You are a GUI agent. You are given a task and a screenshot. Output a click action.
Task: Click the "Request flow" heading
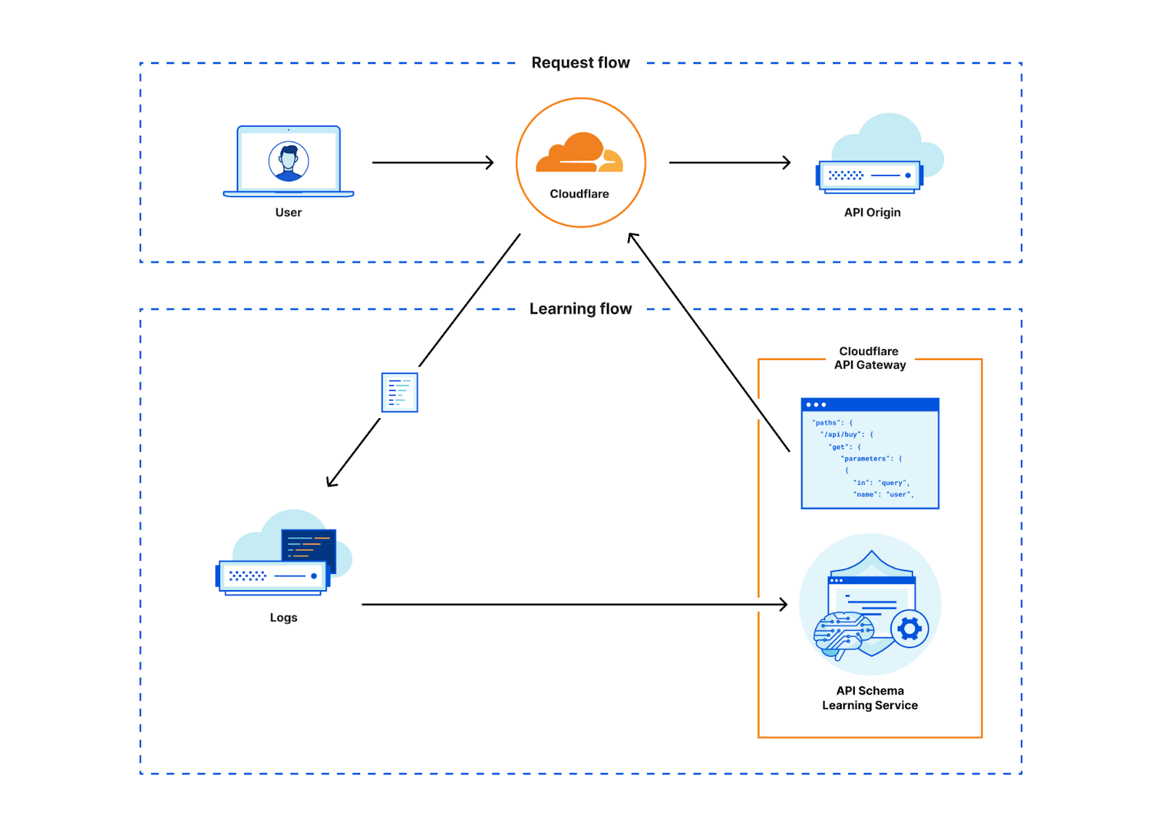[x=580, y=63]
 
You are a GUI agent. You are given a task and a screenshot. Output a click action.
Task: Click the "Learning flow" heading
[x=580, y=309]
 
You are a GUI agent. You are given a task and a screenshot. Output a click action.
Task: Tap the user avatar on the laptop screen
[x=288, y=161]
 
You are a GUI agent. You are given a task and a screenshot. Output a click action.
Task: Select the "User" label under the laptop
[x=288, y=213]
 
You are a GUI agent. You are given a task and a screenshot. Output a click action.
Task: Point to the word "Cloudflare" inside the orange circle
[x=579, y=194]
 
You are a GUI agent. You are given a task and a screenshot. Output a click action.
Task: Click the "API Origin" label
[x=871, y=213]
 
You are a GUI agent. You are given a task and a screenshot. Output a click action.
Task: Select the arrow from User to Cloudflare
[x=433, y=163]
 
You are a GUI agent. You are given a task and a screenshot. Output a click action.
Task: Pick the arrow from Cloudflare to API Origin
[x=729, y=163]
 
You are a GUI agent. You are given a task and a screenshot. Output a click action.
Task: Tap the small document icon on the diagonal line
[x=399, y=393]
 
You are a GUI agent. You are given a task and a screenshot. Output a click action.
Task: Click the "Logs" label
[x=283, y=618]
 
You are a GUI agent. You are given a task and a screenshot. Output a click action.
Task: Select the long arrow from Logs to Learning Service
[x=574, y=604]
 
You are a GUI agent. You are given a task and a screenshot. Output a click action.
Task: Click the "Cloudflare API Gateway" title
[x=869, y=359]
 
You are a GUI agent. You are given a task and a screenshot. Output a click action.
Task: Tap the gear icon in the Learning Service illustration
[x=909, y=629]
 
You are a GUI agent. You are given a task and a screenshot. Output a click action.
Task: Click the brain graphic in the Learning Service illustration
[x=842, y=633]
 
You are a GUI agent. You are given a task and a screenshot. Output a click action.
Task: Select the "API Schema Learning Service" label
[x=869, y=698]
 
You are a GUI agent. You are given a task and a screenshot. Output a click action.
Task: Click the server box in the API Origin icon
[x=869, y=176]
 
